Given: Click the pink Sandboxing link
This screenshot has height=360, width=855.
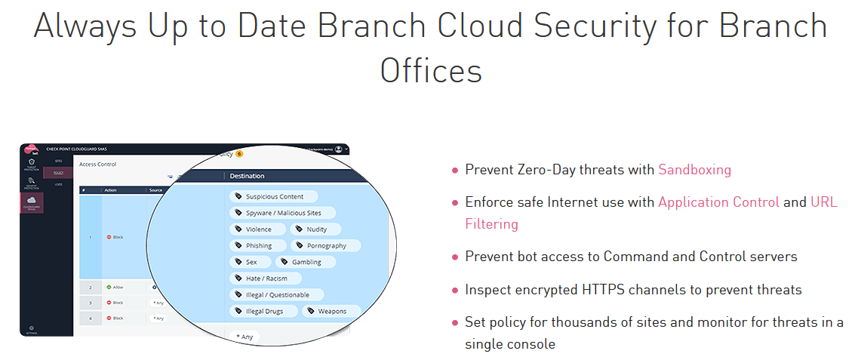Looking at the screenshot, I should click(694, 170).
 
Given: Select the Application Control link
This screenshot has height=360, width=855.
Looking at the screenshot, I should click(718, 202).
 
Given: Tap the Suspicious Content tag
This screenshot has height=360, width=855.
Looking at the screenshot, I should click(269, 197).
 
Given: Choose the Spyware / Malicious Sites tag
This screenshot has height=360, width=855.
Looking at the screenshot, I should click(281, 214).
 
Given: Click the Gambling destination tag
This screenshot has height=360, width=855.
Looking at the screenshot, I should click(301, 262).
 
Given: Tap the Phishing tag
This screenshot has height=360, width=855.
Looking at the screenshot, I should click(259, 245).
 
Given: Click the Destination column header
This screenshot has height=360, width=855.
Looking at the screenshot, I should click(247, 176).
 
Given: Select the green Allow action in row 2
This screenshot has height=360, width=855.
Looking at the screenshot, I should click(115, 287).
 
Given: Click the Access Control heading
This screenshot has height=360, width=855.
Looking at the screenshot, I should click(97, 164).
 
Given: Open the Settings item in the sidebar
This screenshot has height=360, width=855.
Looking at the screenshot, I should click(31, 330).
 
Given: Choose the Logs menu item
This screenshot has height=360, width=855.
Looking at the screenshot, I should click(58, 183).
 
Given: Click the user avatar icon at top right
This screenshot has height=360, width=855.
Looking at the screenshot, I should click(338, 149).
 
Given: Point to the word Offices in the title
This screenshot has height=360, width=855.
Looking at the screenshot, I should click(431, 71).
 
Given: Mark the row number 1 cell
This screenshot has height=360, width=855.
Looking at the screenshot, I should click(90, 236).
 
